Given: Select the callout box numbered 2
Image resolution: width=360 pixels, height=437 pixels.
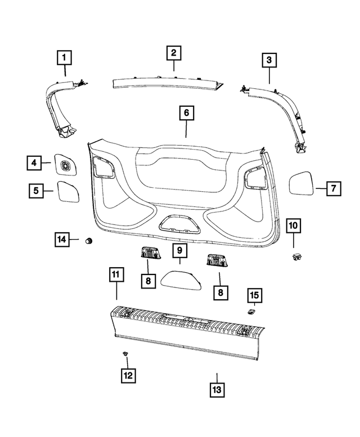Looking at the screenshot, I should (x=174, y=53).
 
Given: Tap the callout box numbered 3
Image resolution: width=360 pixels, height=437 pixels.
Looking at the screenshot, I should (x=269, y=60).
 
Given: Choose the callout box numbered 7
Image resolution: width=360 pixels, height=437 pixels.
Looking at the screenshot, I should (x=333, y=188).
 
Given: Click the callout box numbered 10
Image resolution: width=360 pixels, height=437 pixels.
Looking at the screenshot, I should (x=294, y=226).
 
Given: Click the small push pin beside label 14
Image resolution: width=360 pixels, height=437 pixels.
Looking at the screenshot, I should (x=88, y=241).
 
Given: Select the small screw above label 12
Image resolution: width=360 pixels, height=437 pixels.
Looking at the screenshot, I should (x=125, y=354).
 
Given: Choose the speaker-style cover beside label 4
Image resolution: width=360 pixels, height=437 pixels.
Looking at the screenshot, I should (x=65, y=164).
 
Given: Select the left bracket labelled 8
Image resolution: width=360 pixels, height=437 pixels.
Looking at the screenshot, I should (x=148, y=255).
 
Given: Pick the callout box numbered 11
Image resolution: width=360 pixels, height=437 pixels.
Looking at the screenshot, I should (x=116, y=275).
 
